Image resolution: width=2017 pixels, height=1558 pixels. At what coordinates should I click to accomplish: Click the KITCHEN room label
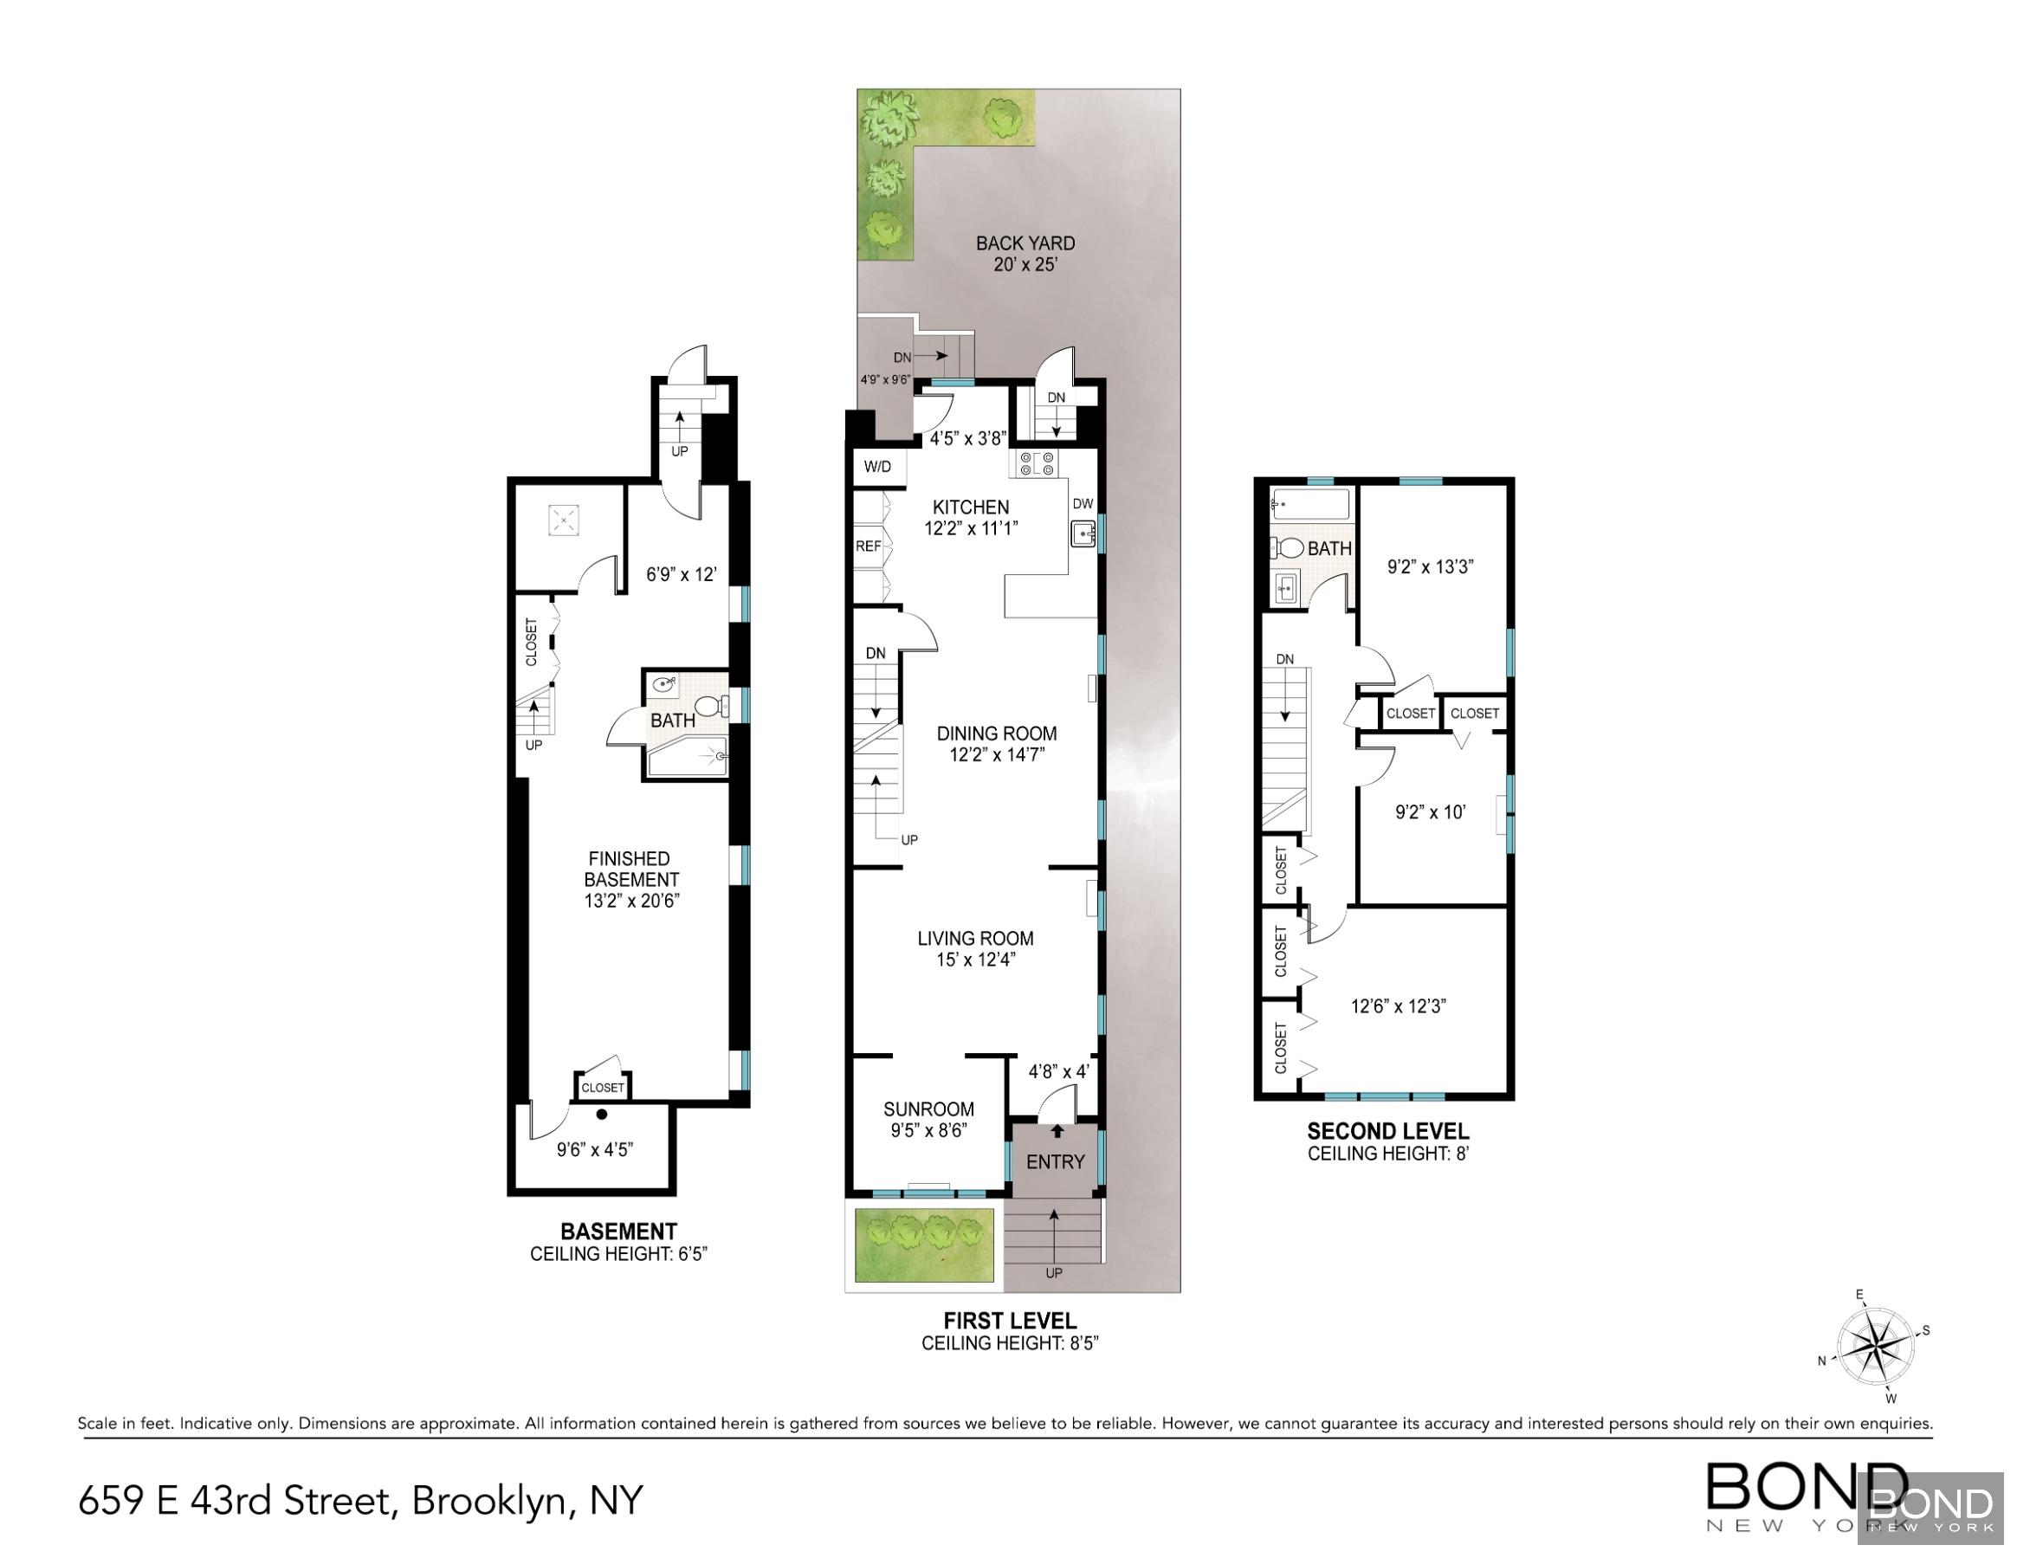pos(970,507)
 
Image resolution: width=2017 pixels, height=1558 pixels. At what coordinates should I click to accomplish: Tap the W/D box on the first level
pos(877,467)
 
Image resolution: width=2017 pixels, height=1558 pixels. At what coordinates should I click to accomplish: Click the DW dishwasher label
pos(1083,503)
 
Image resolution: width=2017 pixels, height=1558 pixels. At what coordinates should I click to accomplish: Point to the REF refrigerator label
pos(868,546)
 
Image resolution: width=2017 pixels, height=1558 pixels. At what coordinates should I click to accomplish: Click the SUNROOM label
pos(928,1109)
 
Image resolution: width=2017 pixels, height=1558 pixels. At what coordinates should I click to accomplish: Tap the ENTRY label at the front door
pos(1055,1162)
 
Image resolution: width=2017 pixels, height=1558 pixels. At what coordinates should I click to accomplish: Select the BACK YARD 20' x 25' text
pos(1025,254)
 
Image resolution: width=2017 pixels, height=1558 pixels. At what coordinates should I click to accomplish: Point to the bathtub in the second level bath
pos(1309,505)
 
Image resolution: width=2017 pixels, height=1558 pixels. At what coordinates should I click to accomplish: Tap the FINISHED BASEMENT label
pos(630,869)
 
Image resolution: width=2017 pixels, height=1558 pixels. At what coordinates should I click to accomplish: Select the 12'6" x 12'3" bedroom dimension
pos(1397,1005)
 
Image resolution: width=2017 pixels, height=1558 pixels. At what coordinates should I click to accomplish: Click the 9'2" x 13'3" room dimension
pos(1430,566)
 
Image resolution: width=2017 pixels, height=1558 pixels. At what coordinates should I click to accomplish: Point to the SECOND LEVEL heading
pos(1387,1130)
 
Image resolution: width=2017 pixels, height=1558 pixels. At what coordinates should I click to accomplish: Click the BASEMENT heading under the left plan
pos(617,1231)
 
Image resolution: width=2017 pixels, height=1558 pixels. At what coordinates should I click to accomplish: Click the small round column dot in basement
pos(601,1114)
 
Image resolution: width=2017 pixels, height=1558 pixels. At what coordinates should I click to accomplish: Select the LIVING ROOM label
pos(975,938)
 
